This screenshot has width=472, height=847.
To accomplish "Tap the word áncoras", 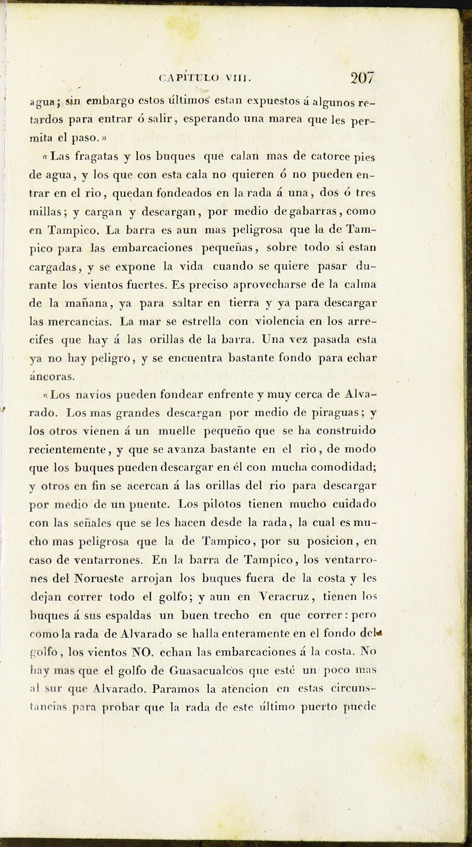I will pos(52,376).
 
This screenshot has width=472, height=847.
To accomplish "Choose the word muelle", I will pos(177,431).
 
